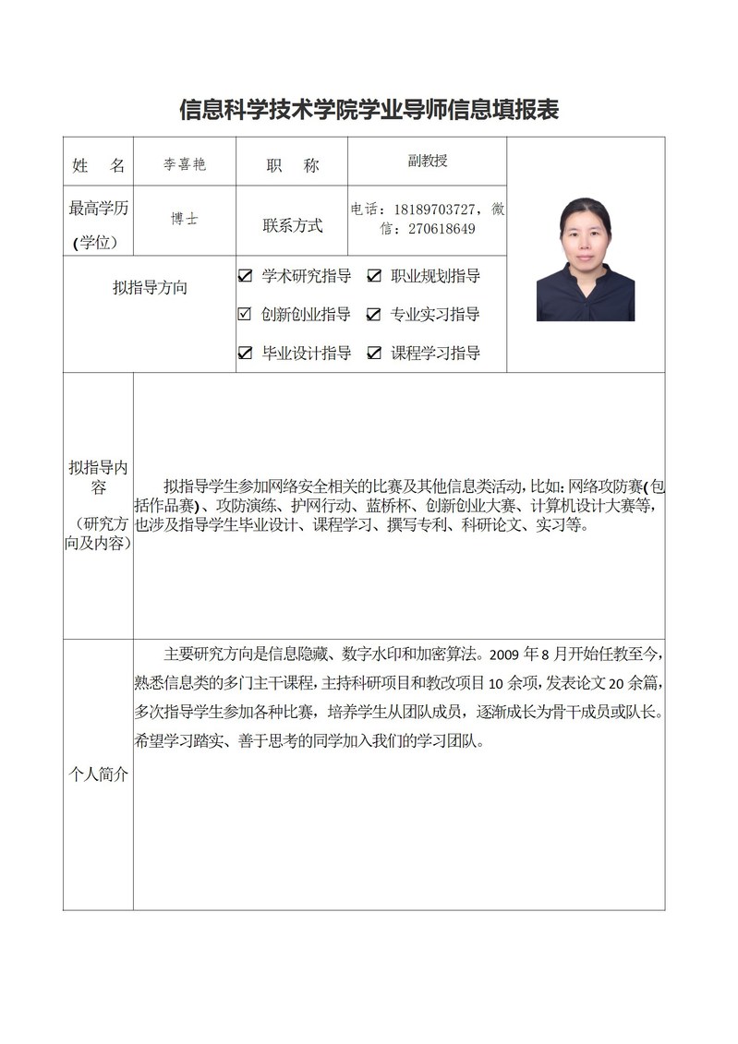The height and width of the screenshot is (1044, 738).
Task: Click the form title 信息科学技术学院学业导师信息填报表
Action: point(369,110)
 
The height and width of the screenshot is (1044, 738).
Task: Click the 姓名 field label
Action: point(98,165)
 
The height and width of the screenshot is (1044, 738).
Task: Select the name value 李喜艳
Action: point(185,164)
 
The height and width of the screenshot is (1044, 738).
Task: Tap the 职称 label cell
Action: point(292,165)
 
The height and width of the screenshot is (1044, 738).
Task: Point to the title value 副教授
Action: point(427,161)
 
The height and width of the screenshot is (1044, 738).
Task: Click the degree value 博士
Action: point(185,220)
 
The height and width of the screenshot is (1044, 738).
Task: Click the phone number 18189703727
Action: point(437,210)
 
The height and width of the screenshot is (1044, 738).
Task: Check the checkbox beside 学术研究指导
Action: point(245,276)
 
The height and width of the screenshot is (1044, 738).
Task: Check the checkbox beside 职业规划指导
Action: point(374,276)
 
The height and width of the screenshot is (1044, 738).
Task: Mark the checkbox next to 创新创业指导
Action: point(245,314)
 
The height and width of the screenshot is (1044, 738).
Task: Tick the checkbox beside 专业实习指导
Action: point(374,314)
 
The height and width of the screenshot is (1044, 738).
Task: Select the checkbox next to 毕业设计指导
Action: point(245,353)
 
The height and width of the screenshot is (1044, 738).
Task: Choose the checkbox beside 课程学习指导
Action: point(374,353)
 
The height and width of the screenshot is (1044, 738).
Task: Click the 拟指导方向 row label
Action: point(150,288)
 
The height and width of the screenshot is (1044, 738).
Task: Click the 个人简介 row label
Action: point(98,774)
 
